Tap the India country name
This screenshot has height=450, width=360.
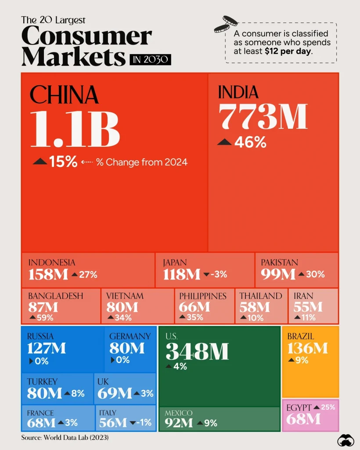pos(238,92)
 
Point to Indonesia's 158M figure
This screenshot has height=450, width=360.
pos(48,275)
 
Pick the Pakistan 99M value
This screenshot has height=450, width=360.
pos(278,275)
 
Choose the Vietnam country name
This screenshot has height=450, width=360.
pos(124,296)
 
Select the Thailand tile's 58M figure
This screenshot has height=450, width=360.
pos(255,307)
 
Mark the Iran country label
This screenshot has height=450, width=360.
pos(303,296)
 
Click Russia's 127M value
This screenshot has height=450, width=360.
pos(47,348)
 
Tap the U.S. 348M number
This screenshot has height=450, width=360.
pos(197,352)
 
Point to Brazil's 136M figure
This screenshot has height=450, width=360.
pos(307,348)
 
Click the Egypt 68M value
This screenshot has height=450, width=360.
pos(303,419)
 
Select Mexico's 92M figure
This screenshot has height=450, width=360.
pos(179,423)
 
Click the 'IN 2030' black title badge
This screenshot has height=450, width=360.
pos(150,59)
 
